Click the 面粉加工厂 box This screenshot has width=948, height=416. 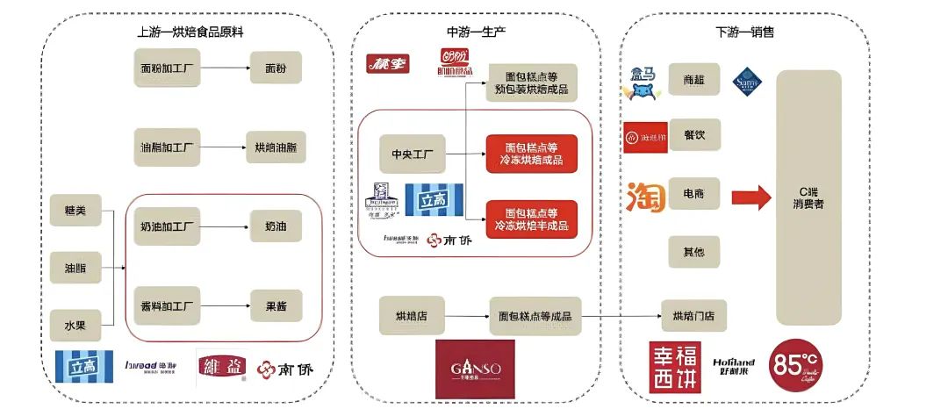166,67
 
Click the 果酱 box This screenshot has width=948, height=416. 276,305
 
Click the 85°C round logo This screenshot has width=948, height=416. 795,366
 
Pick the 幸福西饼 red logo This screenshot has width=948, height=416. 675,367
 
